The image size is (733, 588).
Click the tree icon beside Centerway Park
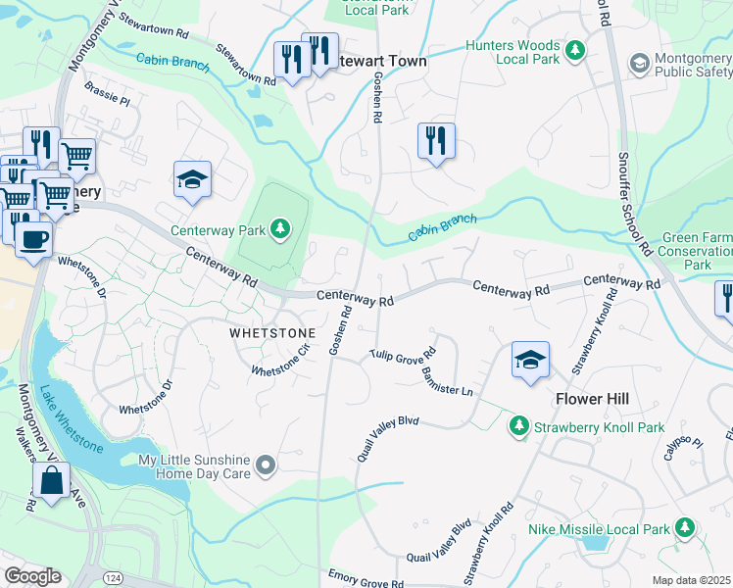pyautogui.click(x=281, y=230)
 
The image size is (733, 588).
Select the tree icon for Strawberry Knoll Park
pyautogui.click(x=518, y=426)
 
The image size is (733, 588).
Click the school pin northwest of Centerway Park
pyautogui.click(x=193, y=179)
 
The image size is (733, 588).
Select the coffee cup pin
pyautogui.click(x=33, y=238)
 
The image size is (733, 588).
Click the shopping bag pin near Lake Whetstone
pyautogui.click(x=51, y=481)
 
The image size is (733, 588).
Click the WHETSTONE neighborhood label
pyautogui.click(x=272, y=333)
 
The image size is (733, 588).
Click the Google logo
pyautogui.click(x=32, y=576)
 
